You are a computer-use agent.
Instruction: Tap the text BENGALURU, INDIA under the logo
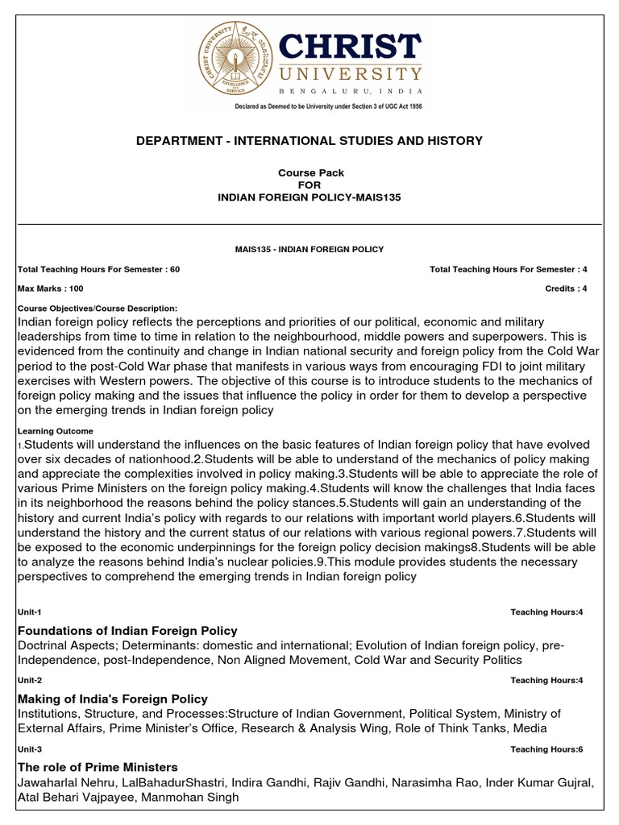click(351, 93)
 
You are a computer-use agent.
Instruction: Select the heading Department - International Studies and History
click(309, 141)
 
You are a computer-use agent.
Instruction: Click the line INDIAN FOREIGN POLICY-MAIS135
click(309, 196)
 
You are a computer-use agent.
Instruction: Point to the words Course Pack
click(310, 172)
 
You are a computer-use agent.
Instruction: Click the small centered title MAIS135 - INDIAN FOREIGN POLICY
click(309, 250)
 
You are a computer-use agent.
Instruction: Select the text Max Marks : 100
click(50, 288)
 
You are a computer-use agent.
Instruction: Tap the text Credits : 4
click(566, 288)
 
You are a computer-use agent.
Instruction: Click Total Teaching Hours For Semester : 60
click(98, 269)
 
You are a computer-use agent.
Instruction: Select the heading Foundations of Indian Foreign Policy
click(127, 630)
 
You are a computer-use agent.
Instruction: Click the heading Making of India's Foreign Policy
click(113, 699)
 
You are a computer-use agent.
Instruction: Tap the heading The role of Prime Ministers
click(98, 767)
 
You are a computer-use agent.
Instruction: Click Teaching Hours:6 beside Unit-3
click(546, 749)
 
